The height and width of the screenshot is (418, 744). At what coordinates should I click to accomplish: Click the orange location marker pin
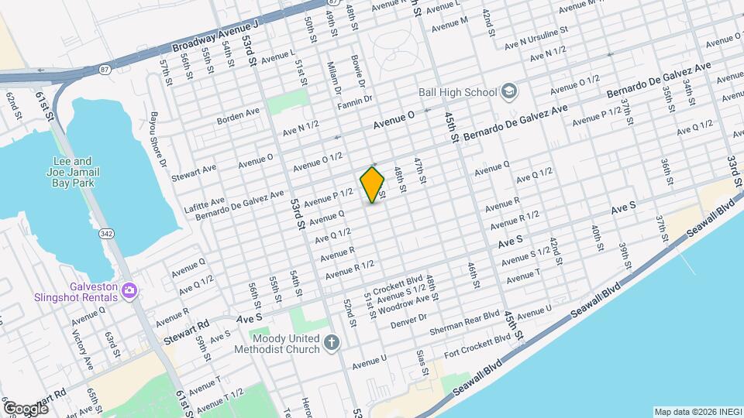coord(372,184)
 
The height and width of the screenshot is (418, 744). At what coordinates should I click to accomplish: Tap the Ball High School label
coord(457,92)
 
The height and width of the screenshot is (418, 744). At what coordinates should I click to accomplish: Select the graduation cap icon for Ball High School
coord(508,92)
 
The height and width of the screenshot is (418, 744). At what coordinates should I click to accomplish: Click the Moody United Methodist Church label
coord(285,343)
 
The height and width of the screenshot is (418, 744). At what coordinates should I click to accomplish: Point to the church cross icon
coord(332,343)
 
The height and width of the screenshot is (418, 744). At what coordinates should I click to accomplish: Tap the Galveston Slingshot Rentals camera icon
coord(129,290)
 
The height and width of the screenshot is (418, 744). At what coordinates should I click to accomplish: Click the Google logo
coord(25,408)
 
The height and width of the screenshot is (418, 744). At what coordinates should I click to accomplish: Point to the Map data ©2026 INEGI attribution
coord(697,411)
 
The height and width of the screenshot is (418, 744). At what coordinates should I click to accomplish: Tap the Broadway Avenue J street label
coord(215,37)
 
